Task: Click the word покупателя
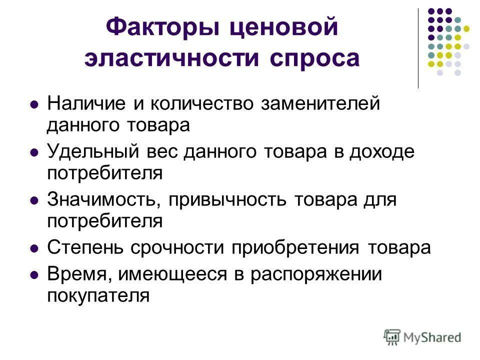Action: click(x=98, y=296)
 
